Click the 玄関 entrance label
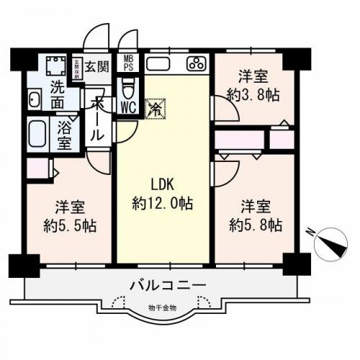click(96, 66)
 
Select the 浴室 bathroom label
click(65, 134)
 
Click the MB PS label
click(128, 63)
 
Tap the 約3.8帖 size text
click(255, 94)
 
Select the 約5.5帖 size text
click(69, 224)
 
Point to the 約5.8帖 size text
click(255, 224)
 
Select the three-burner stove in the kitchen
click(194, 63)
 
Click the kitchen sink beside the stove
click(158, 63)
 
